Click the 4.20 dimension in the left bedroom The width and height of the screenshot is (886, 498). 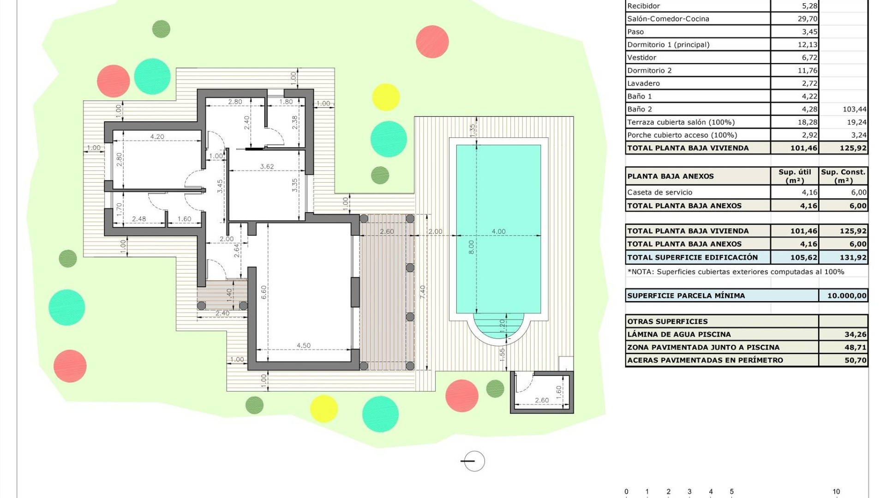pos(157,136)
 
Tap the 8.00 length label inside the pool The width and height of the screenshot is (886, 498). pos(471,247)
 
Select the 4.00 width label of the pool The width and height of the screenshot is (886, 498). pos(498,231)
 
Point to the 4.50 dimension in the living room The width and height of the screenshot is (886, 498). pos(303,345)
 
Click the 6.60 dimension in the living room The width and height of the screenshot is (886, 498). pos(263,292)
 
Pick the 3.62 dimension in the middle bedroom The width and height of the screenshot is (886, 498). pos(267,166)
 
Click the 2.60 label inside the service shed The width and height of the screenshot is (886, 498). pos(542,400)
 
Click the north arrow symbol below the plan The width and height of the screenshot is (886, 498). pos(474,461)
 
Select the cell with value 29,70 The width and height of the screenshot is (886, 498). pos(807,19)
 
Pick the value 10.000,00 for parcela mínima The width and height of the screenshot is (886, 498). pos(847,296)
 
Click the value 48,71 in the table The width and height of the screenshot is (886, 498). pos(855,347)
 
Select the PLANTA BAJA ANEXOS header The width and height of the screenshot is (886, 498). pos(670,176)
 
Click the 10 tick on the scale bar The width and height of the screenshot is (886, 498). pos(836,492)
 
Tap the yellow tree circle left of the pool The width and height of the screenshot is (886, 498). pos(386,97)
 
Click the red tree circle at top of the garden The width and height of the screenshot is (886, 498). pos(432,42)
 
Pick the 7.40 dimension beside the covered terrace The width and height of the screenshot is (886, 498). pos(422,292)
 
